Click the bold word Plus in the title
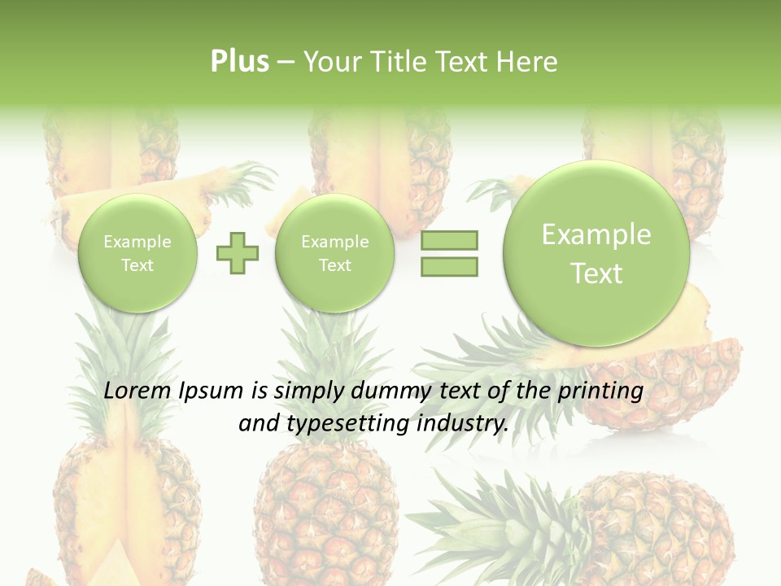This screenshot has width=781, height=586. click(x=239, y=62)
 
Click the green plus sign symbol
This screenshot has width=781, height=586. click(x=238, y=253)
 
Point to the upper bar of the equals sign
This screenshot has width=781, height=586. click(x=449, y=240)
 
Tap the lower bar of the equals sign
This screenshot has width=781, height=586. click(x=449, y=266)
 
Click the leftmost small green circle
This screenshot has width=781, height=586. click(x=137, y=253)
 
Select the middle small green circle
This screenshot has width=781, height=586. click(x=334, y=253)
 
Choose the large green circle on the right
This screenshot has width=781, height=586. click(x=596, y=253)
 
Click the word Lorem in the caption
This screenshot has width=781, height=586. click(x=137, y=391)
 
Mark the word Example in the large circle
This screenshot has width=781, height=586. click(x=596, y=234)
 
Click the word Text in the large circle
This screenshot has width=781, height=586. click(x=596, y=273)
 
